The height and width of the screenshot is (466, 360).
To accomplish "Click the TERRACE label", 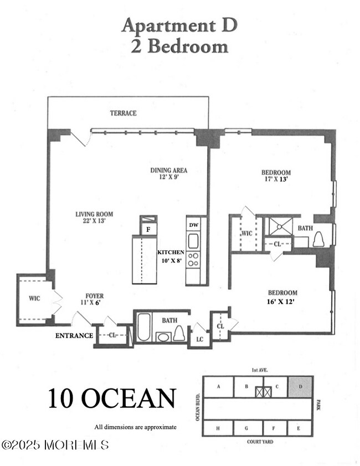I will click(x=123, y=113).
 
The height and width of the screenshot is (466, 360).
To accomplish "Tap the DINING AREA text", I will click(x=169, y=170).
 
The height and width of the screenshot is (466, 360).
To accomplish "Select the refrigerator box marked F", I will click(x=148, y=229).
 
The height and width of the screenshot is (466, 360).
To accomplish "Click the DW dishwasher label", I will click(x=194, y=225).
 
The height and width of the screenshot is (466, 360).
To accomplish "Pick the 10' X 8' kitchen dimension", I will click(x=171, y=260).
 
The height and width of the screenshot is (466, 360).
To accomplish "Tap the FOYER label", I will click(x=94, y=296).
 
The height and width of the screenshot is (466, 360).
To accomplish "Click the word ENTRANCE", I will click(x=74, y=335).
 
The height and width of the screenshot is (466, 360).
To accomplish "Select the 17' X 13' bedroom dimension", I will click(x=276, y=180).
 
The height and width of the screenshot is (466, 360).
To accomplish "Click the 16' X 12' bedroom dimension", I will click(x=282, y=302).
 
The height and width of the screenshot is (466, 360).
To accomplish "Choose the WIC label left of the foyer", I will click(x=34, y=298).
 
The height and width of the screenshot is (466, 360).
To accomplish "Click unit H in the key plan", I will click(x=218, y=428).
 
